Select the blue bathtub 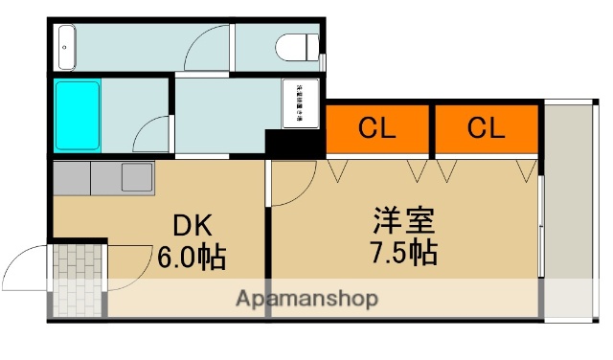point(78,116)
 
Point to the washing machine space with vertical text point(299,103)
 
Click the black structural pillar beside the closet point(294,145)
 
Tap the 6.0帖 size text point(199,257)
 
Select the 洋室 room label point(403,221)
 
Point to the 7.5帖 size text point(403,253)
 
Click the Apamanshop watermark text point(306,298)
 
